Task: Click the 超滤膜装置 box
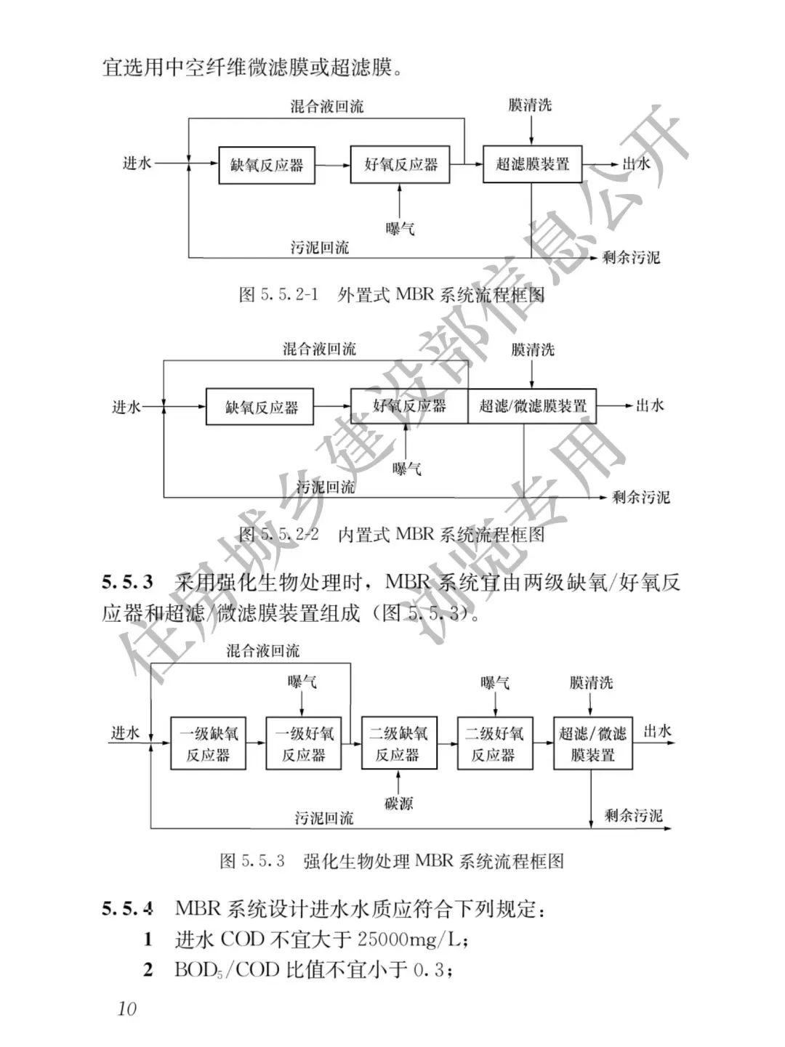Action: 532,164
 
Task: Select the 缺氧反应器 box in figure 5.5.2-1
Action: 266,165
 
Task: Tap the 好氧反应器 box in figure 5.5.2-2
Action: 409,406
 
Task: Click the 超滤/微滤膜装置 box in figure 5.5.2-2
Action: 532,406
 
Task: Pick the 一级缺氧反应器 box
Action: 209,743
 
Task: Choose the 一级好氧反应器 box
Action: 304,743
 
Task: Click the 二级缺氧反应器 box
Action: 398,743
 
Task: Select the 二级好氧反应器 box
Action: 494,743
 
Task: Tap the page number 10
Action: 126,1009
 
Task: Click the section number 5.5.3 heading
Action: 127,582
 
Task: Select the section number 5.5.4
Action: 127,908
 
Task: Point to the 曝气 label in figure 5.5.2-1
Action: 400,228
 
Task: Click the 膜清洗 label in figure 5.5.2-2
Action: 532,349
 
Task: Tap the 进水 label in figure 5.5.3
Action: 125,732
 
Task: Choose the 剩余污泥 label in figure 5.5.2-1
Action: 631,257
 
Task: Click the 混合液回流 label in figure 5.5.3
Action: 262,650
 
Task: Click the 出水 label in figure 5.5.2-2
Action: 650,405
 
